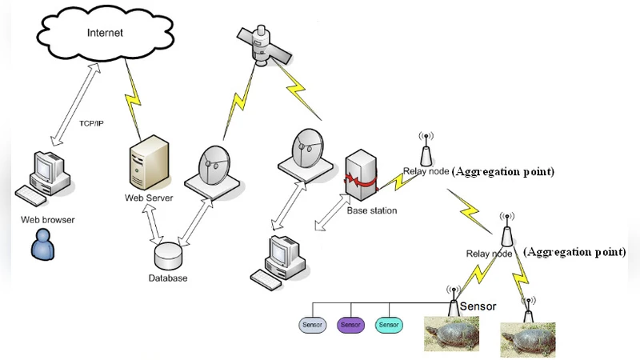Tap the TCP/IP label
coord(94,123)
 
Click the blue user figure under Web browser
coord(41,244)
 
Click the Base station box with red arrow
coord(359,177)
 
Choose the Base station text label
coord(371,211)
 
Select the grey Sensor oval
coord(311,325)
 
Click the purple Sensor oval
coord(350,325)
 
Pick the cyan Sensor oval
coord(389,325)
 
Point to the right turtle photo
coord(527,338)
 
